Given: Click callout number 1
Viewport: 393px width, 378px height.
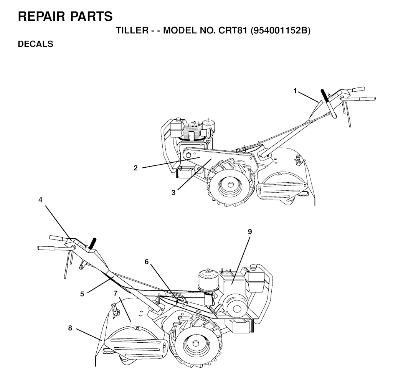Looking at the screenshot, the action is pos(295,91).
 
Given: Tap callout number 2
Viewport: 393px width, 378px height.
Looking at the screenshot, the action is pos(135,168).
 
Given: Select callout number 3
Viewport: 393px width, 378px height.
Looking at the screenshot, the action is pos(173,193).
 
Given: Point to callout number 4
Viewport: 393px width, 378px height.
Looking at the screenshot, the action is pos(40,200).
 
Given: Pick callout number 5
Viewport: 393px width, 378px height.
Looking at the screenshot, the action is pos(82,294).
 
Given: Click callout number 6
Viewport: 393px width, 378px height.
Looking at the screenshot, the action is pos(147,262).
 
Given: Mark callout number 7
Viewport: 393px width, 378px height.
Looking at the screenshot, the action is pos(115,293).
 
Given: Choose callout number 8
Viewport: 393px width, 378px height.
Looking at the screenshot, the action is pos(70,328).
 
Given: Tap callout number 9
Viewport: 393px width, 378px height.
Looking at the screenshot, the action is pos(250,232).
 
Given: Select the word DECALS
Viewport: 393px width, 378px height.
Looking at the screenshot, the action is pos(36,44).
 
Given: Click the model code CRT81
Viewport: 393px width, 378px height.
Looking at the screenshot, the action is pos(233,31).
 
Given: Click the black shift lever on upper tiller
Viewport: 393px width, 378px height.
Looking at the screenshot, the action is pos(325,96).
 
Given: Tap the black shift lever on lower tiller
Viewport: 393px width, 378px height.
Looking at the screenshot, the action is pos(92,243).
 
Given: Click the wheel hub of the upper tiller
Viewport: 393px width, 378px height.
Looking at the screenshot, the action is pos(230,184).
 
